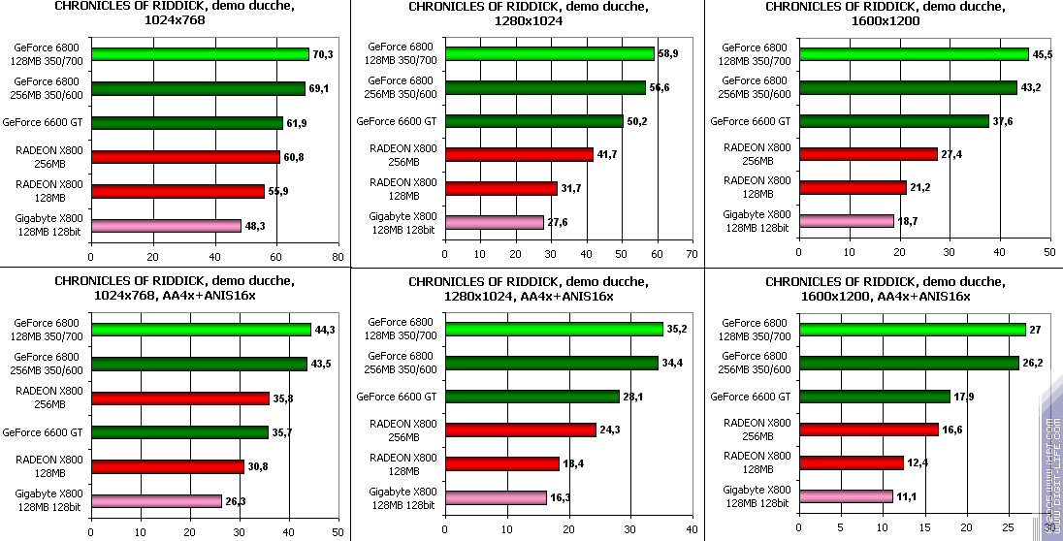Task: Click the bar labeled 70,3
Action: (200, 54)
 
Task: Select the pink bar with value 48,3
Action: (166, 226)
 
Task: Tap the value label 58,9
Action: (668, 53)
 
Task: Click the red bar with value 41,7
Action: (519, 154)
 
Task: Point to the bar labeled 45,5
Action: (913, 54)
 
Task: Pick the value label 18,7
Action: (909, 221)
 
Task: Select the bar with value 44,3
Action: (201, 330)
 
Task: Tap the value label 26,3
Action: (237, 501)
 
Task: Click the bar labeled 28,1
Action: (531, 397)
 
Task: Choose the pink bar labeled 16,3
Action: (496, 497)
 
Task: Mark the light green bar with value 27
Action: (912, 330)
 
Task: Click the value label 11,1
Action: (908, 496)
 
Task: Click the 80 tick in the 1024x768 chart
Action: (337, 257)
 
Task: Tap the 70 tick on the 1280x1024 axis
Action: (692, 254)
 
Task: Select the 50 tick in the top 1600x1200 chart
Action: (1047, 252)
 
